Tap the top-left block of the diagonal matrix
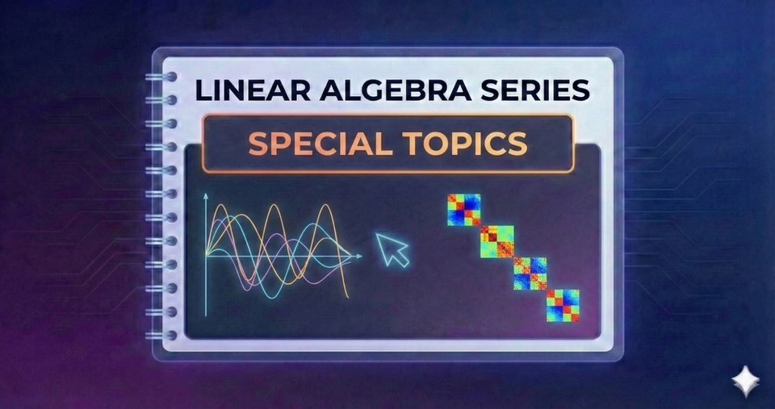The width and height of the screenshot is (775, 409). pyautogui.click(x=463, y=210)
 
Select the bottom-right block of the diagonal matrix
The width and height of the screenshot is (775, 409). pyautogui.click(x=563, y=306)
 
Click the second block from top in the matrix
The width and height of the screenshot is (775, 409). pyautogui.click(x=496, y=241)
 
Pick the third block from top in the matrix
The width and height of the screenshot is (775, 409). pyautogui.click(x=530, y=273)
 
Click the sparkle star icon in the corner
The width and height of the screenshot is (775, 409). pyautogui.click(x=743, y=380)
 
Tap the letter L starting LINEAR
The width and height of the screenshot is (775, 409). pyautogui.click(x=202, y=90)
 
